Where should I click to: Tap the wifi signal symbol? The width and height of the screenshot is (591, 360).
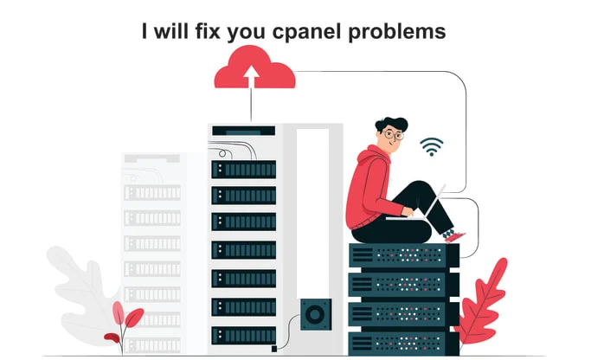tap(431, 146)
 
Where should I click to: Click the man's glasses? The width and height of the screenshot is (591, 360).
tap(393, 135)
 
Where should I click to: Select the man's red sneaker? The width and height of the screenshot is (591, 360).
tap(453, 235)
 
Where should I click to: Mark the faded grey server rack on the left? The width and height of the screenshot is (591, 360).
tap(151, 251)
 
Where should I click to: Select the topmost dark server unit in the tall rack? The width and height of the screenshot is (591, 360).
tap(243, 169)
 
